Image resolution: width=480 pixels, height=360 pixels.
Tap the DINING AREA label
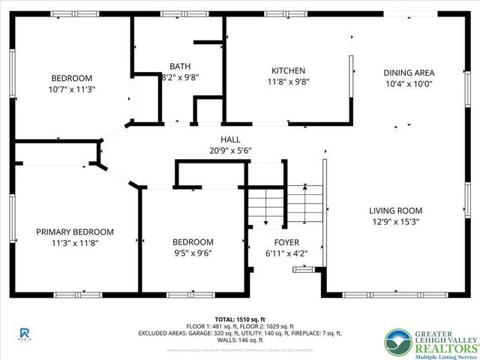tap(409, 73)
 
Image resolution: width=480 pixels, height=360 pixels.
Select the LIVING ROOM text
tap(395, 211)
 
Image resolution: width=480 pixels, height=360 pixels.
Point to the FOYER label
tap(286, 242)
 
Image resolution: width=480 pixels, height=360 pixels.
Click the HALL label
tap(229, 139)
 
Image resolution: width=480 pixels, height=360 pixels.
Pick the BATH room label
tap(180, 66)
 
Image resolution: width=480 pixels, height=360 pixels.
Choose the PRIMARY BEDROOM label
tap(75, 232)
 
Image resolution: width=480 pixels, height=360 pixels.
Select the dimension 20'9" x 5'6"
tap(229, 150)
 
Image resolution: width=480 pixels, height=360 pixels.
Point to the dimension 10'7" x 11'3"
tap(72, 88)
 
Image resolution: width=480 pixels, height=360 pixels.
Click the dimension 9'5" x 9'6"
tap(193, 253)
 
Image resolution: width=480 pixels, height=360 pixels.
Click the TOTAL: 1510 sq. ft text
tap(240, 319)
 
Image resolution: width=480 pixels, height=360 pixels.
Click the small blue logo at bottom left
tap(24, 332)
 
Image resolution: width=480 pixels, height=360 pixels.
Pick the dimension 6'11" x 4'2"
tap(286, 253)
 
